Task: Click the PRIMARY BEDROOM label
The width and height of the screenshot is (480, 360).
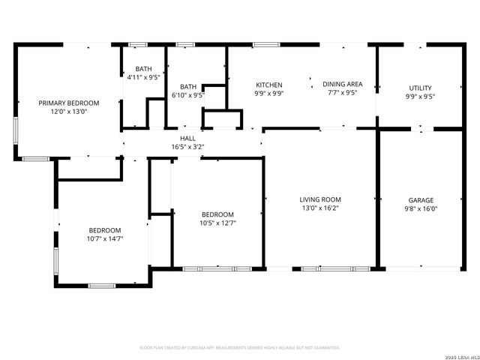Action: [69, 103]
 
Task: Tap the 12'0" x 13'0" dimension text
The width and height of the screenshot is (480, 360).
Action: [69, 112]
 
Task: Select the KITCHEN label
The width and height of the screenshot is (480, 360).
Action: [268, 85]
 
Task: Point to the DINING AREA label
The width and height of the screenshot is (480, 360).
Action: [342, 84]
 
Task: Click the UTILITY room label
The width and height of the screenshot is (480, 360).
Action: [420, 88]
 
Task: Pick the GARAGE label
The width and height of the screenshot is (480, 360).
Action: [421, 200]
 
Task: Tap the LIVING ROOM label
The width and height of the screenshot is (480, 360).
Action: [320, 199]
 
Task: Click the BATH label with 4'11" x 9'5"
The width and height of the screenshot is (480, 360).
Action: [143, 68]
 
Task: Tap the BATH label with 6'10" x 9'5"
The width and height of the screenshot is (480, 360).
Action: [187, 87]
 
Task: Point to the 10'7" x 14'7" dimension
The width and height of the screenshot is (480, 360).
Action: [105, 238]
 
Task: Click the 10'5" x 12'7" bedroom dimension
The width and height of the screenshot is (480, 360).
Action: [217, 223]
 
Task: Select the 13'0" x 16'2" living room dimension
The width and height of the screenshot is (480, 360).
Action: [320, 208]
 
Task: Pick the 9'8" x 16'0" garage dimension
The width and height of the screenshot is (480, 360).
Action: [421, 208]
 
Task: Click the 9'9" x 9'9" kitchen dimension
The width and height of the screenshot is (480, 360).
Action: [268, 94]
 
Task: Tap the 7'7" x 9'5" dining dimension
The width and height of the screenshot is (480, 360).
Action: [342, 94]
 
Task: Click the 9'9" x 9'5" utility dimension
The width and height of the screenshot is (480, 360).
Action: [420, 96]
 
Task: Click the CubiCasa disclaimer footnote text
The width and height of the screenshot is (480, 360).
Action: [240, 348]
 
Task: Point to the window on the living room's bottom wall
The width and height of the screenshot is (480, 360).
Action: [335, 268]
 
